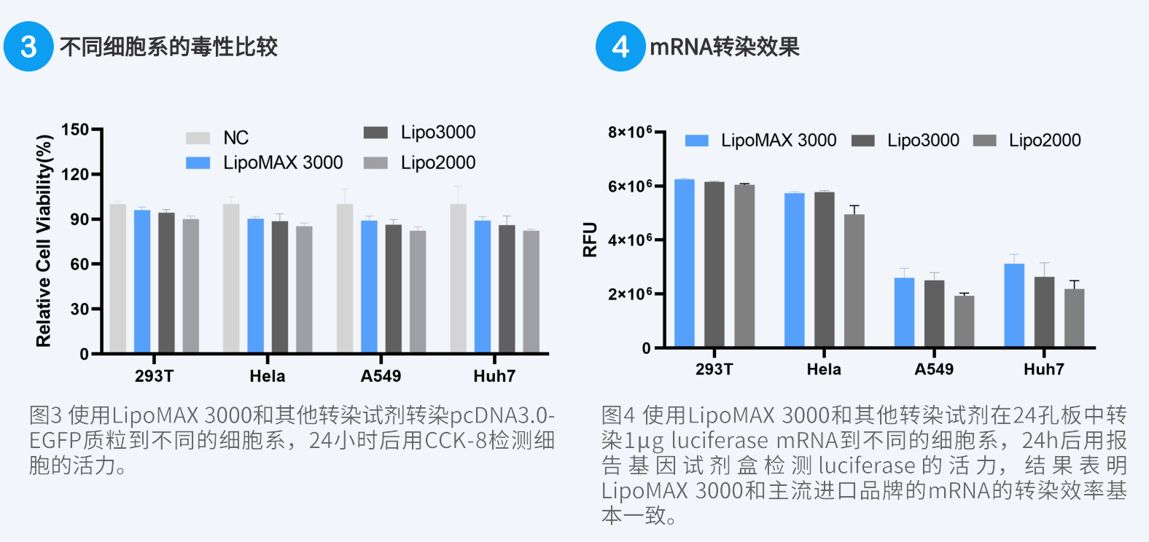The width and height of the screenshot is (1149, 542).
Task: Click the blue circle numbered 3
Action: pyautogui.click(x=28, y=47)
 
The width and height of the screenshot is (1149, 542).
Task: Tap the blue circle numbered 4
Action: pyautogui.click(x=620, y=47)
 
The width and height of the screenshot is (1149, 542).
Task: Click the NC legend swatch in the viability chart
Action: pyautogui.click(x=198, y=138)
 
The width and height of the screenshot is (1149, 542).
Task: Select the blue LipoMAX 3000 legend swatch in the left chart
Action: pyautogui.click(x=198, y=162)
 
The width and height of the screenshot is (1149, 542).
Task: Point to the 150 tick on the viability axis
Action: pyautogui.click(x=75, y=130)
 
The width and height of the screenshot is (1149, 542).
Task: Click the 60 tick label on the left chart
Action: pyautogui.click(x=79, y=264)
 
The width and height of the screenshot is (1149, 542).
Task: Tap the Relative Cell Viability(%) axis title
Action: pyautogui.click(x=44, y=240)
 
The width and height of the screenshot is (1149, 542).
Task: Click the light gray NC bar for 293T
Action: pyautogui.click(x=117, y=278)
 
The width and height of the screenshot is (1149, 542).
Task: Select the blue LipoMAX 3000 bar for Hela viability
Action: pyautogui.click(x=255, y=286)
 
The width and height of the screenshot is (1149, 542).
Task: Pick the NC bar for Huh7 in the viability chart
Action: pyautogui.click(x=458, y=278)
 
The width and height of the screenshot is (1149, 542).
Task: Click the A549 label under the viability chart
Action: pyautogui.click(x=381, y=376)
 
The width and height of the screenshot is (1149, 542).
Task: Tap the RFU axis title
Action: pyautogui.click(x=590, y=239)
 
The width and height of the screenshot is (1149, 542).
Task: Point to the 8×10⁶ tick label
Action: pyautogui.click(x=630, y=132)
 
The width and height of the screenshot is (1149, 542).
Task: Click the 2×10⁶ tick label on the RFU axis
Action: pyautogui.click(x=630, y=294)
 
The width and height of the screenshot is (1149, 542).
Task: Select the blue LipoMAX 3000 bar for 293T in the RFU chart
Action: pyautogui.click(x=684, y=262)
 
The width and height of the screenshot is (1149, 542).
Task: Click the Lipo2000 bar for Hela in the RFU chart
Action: pyautogui.click(x=854, y=280)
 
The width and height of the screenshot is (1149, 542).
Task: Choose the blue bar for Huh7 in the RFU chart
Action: pyautogui.click(x=1014, y=305)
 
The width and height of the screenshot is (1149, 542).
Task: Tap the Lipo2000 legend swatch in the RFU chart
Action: pyautogui.click(x=984, y=141)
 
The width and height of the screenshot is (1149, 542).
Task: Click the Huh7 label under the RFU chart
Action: pyautogui.click(x=1043, y=369)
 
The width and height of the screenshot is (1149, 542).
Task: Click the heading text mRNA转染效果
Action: pyautogui.click(x=725, y=47)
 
